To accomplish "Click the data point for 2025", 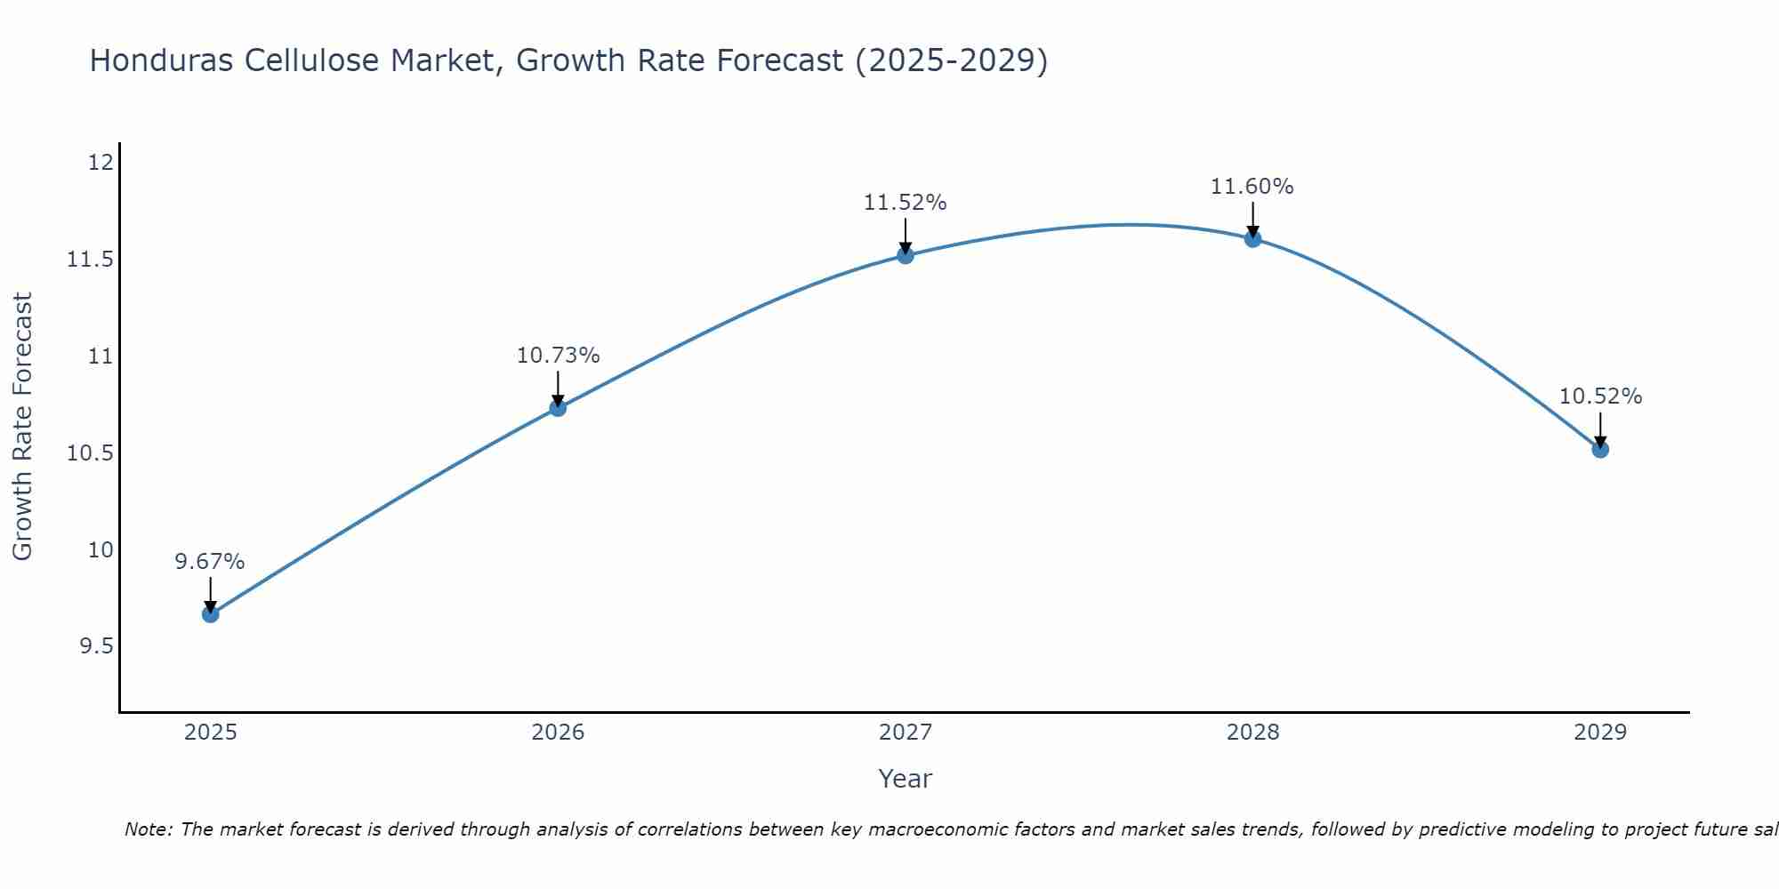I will click(x=210, y=613).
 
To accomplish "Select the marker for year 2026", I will click(x=558, y=408).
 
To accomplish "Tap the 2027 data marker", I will click(x=906, y=255).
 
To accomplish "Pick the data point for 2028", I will click(x=1252, y=238).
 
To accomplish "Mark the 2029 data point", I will click(x=1600, y=449).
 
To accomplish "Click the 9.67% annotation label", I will click(x=210, y=562).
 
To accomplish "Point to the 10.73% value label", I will click(x=558, y=356).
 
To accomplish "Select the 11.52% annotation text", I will click(x=906, y=203).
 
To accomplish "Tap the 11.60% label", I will click(x=1252, y=187).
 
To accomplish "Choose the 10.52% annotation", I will click(x=1600, y=396).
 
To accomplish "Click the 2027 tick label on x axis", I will click(x=906, y=733).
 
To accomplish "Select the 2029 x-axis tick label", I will click(x=1600, y=733).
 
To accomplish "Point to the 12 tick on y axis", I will click(x=101, y=163).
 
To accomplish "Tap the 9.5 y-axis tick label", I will click(x=96, y=646).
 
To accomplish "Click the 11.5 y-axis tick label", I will click(x=91, y=260).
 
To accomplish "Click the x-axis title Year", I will click(x=906, y=779).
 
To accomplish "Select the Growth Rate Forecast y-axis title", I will click(x=22, y=427).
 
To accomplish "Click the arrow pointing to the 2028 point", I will click(x=1252, y=219).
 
